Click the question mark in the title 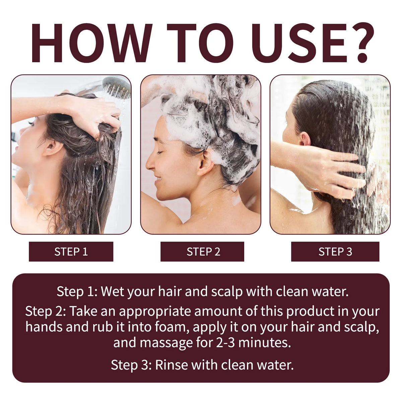coord(357,42)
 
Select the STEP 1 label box coord(71,252)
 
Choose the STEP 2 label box coord(202,252)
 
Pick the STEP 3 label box coord(335,252)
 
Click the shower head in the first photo coord(117,88)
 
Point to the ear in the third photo coord(305,139)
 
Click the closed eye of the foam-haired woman coord(160,152)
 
